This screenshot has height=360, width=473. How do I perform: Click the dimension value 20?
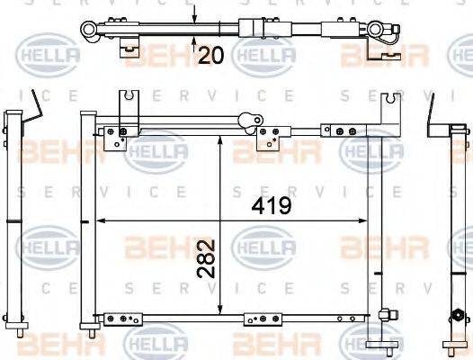click(x=210, y=56)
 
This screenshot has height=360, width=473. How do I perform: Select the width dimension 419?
click(x=272, y=206)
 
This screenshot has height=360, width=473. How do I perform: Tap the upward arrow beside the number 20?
click(x=194, y=40)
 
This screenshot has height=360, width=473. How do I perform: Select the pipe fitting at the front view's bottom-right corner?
click(x=388, y=315)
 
